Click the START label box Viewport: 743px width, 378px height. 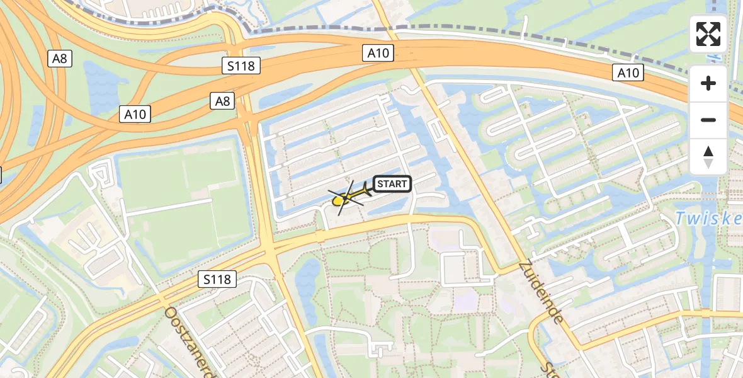coord(392,184)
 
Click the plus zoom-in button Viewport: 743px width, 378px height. coord(708,83)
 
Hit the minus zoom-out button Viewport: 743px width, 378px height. coord(708,120)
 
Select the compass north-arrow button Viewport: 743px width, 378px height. coord(708,157)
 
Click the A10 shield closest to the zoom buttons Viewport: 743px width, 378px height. coord(628,73)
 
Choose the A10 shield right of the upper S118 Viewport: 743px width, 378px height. coord(378,54)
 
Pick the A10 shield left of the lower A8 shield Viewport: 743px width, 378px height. coord(135,114)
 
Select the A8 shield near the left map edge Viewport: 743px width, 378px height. coord(60,59)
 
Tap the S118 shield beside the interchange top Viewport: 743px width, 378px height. coord(241,65)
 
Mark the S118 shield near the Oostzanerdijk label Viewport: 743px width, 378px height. coord(217,278)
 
